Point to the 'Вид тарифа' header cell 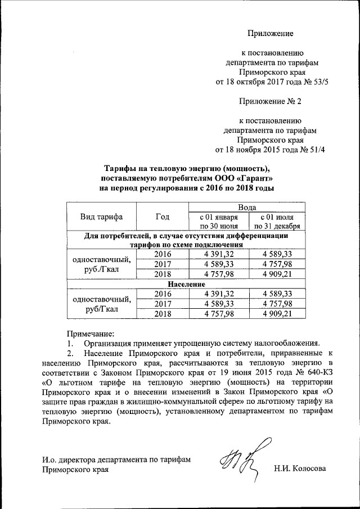coord(102,217)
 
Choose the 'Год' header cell coord(162,217)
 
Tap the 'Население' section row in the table coord(186,285)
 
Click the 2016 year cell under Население coord(162,294)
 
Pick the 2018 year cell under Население coord(162,314)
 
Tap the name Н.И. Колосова coord(299,468)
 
